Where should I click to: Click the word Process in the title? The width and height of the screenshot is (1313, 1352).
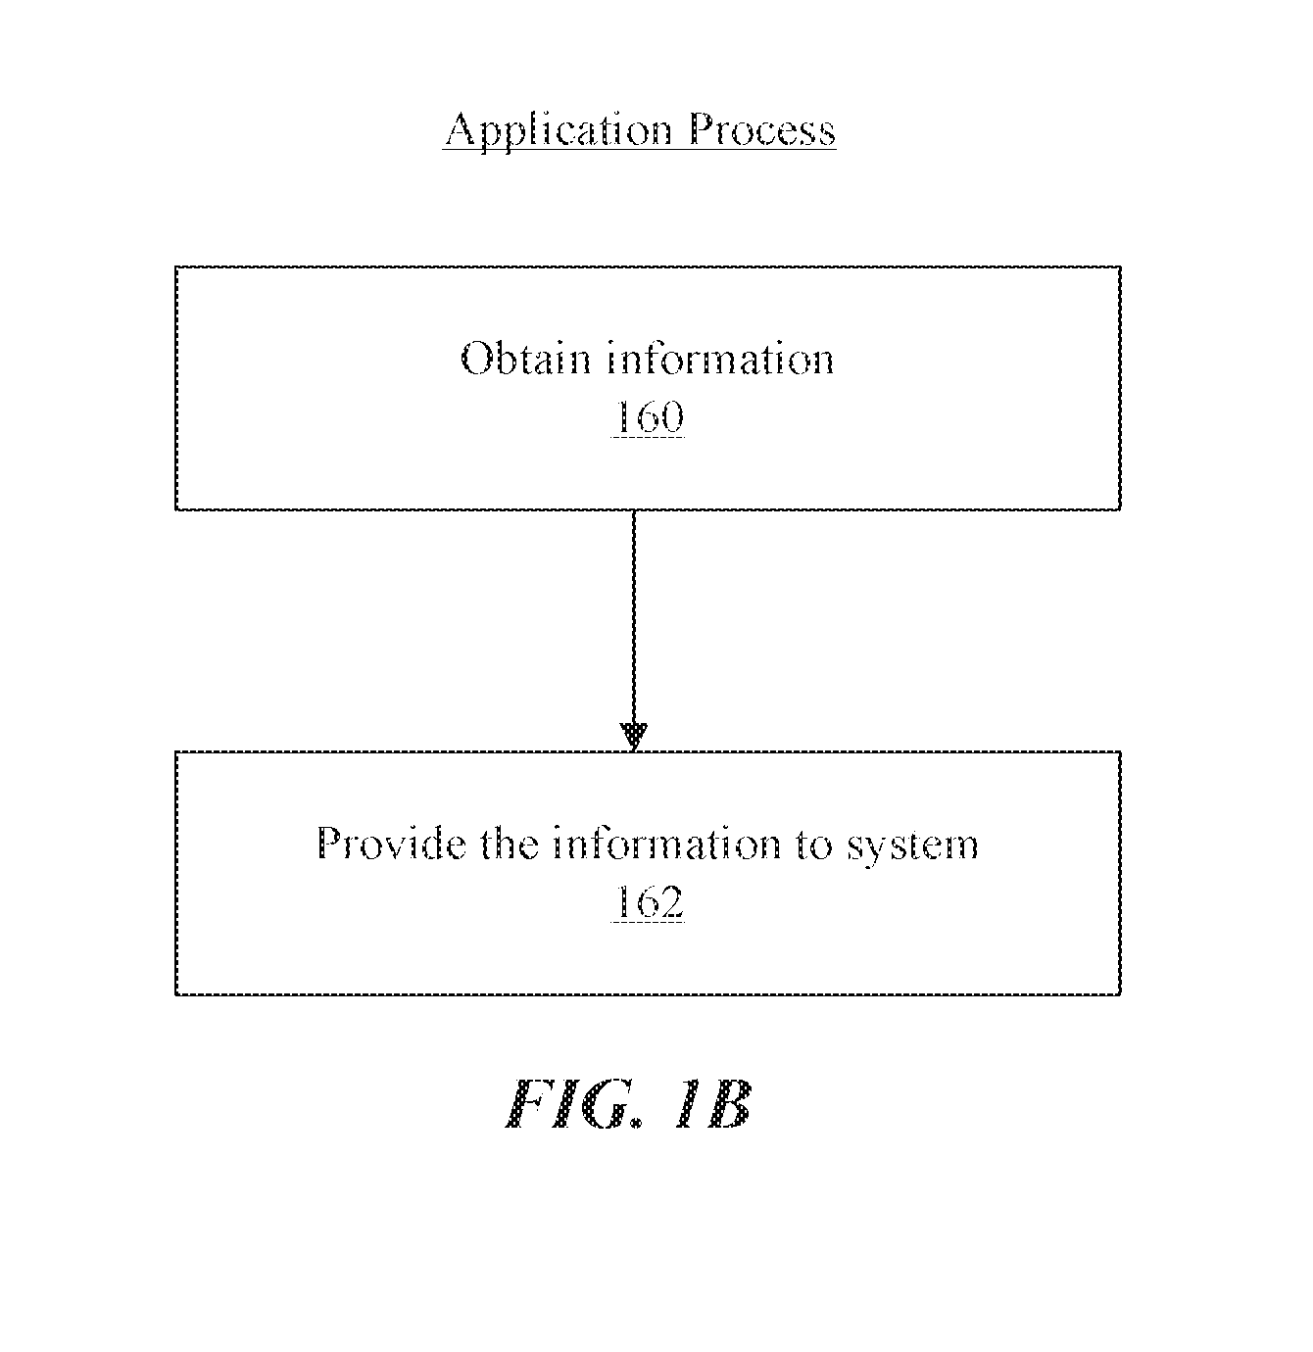762,129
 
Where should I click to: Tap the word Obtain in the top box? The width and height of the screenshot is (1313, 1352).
526,359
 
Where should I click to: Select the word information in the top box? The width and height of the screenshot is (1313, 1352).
720,359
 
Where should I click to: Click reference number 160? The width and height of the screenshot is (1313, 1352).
648,416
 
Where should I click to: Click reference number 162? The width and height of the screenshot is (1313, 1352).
648,902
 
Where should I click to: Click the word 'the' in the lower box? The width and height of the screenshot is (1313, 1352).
510,844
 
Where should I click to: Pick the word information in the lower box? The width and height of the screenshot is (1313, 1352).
667,844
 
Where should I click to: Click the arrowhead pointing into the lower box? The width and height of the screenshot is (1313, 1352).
634,737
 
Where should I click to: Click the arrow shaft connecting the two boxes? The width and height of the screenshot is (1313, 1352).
634,617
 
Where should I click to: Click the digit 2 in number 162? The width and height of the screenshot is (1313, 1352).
672,902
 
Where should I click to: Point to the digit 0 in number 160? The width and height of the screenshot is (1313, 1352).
672,416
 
